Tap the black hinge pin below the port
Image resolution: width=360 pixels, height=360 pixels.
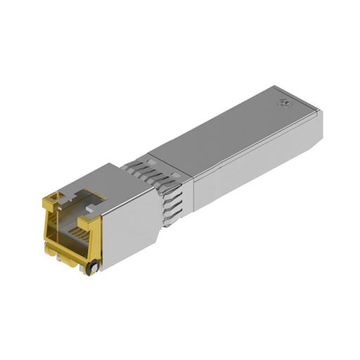point(91,267)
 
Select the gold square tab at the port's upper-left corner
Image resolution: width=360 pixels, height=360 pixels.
point(51,203)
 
